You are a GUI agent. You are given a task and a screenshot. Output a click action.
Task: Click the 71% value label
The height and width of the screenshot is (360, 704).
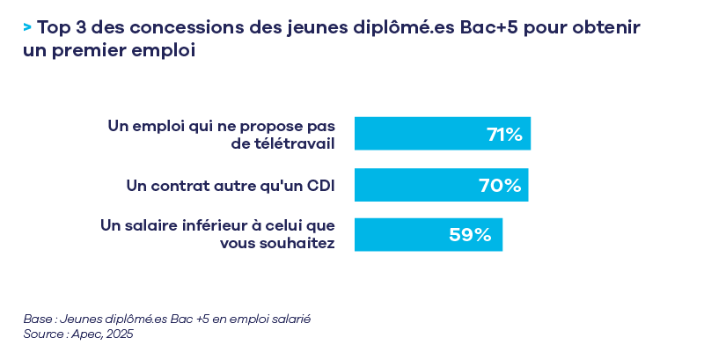coord(504,135)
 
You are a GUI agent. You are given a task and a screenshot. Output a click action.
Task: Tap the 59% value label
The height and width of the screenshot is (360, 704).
coord(470,235)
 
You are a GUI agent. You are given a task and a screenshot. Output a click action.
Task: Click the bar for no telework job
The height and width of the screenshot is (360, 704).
coord(422,134)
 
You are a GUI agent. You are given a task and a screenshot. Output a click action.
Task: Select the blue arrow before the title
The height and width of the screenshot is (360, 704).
coord(28,27)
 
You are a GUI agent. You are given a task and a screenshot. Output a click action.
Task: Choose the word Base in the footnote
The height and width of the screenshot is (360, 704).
coord(38,319)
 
